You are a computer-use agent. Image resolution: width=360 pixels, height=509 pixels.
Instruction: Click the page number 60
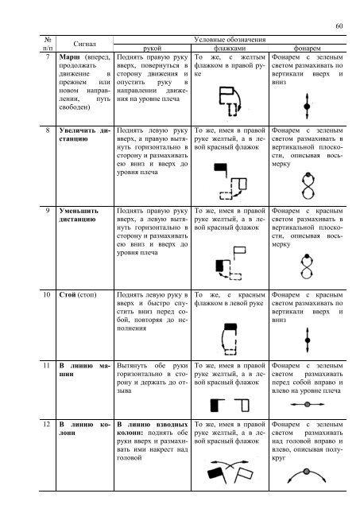coord(339,26)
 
